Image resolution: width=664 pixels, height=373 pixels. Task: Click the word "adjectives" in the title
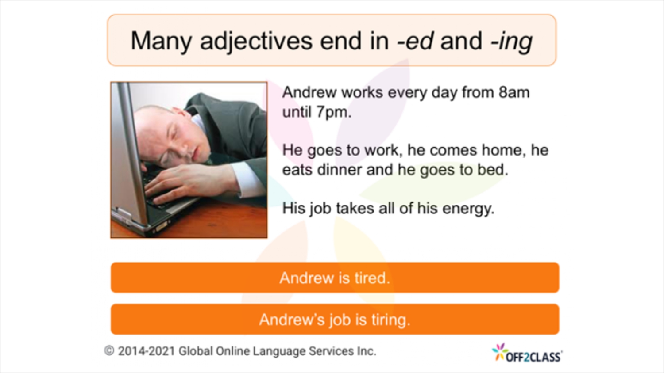pyautogui.click(x=257, y=42)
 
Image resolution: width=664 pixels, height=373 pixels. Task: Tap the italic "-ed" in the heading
pyautogui.click(x=415, y=42)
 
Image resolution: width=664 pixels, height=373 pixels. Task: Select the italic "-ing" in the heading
pyautogui.click(x=511, y=42)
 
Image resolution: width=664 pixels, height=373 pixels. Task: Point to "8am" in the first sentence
pyautogui.click(x=514, y=92)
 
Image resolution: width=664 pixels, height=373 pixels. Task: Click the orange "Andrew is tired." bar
pyautogui.click(x=335, y=278)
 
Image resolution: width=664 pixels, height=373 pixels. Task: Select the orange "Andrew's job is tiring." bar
pyautogui.click(x=335, y=319)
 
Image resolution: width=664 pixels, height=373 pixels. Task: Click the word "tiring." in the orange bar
pyautogui.click(x=390, y=319)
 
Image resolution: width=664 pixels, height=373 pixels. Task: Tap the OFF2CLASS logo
pyautogui.click(x=527, y=354)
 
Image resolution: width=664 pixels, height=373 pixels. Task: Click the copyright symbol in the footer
pyautogui.click(x=109, y=351)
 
